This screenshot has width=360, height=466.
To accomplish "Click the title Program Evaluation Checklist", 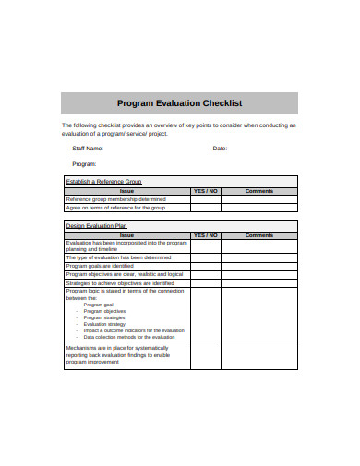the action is [x=180, y=103].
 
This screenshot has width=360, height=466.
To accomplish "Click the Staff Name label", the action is [x=88, y=148].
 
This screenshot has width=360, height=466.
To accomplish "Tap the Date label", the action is [x=220, y=148].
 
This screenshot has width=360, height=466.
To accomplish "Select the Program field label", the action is [x=84, y=163].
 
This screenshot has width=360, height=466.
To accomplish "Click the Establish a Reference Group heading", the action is [x=102, y=182].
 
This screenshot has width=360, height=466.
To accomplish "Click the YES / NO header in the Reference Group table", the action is [x=205, y=191].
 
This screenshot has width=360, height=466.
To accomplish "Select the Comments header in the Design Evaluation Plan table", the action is [x=259, y=235].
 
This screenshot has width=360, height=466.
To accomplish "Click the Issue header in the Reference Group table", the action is [x=126, y=191].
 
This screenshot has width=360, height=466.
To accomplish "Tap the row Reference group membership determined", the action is [x=115, y=199].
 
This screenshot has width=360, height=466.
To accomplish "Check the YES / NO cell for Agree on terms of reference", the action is [x=205, y=209].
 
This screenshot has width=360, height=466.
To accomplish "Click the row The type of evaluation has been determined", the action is [x=118, y=257].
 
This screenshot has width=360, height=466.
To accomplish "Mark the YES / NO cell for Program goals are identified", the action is [x=205, y=266].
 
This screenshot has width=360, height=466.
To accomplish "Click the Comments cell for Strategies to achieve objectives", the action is [x=259, y=282].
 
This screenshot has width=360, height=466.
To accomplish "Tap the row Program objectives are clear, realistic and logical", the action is [x=125, y=274].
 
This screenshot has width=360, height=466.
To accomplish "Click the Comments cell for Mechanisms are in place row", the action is [x=259, y=355].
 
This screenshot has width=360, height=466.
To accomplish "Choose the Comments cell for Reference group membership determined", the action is [x=259, y=199].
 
